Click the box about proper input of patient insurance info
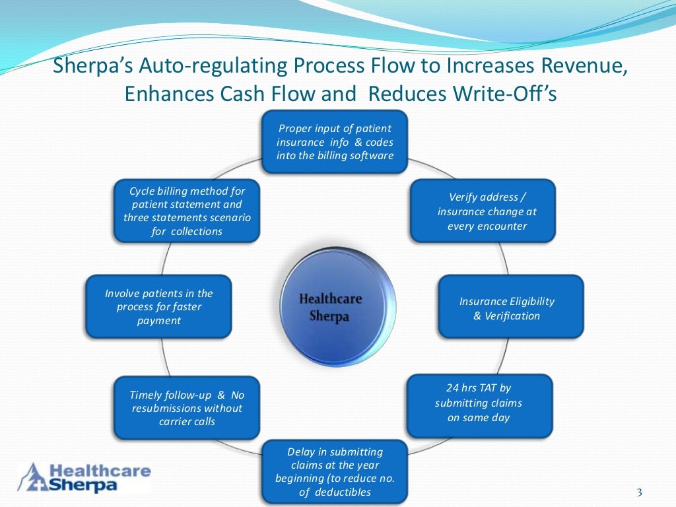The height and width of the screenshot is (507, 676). point(335,142)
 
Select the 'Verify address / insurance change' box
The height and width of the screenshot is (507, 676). point(483,211)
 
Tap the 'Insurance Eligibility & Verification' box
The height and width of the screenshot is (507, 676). point(511,308)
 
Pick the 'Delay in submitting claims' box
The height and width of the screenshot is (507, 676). point(335,471)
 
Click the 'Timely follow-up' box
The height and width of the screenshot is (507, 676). point(187,407)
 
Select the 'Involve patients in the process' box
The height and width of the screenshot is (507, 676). point(158,306)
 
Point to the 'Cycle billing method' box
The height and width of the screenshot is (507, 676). point(187,211)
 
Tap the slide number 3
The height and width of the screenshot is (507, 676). point(638,491)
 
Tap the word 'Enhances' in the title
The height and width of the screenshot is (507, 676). point(166,94)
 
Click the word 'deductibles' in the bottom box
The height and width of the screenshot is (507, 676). point(343,492)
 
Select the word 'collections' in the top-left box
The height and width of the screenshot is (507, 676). point(197,231)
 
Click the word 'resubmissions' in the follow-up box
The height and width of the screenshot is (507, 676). point(169,408)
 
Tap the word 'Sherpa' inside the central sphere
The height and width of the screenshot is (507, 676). point(329,316)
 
